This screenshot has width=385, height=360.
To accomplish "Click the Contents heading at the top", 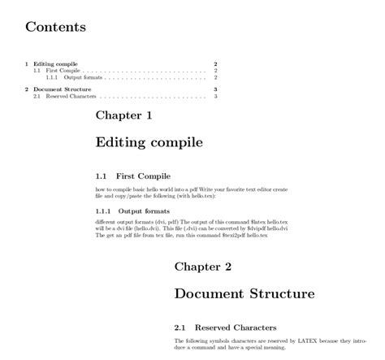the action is pyautogui.click(x=55, y=27).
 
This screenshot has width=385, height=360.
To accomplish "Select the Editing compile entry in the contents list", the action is pyautogui.click(x=54, y=63).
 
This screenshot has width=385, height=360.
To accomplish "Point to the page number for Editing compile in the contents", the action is pyautogui.click(x=215, y=63).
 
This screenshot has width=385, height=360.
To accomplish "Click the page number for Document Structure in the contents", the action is pyautogui.click(x=215, y=89).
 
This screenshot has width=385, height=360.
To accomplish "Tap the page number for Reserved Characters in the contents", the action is pyautogui.click(x=215, y=96).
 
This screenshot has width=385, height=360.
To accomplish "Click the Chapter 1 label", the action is pyautogui.click(x=123, y=115).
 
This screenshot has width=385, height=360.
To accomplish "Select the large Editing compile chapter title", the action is pyautogui.click(x=149, y=143).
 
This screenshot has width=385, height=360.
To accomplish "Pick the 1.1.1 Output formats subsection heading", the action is pyautogui.click(x=132, y=211).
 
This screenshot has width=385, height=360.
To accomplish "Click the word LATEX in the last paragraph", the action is pyautogui.click(x=314, y=340).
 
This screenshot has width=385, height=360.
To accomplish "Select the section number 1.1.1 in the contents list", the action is pyautogui.click(x=52, y=78).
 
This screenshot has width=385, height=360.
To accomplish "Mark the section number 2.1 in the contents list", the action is pyautogui.click(x=37, y=96).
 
